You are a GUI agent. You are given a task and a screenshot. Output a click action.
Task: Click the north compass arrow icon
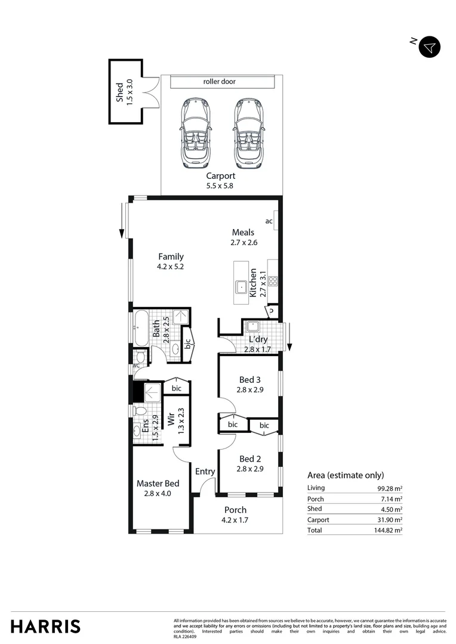(429, 47)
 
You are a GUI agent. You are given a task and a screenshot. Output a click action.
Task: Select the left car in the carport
(194, 132)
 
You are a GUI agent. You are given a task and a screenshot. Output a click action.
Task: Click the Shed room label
(119, 92)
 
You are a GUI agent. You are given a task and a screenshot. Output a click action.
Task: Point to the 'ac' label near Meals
(269, 221)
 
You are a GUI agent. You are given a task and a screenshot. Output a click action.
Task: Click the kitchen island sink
(242, 286)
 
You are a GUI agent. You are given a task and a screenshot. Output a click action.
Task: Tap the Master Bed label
(158, 484)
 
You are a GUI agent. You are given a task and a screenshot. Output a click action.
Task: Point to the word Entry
(205, 472)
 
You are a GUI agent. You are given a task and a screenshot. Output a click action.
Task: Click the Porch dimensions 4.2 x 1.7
(235, 520)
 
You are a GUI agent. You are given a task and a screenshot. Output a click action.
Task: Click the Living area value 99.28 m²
(388, 488)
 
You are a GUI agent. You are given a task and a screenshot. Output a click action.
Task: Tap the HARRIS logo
(45, 626)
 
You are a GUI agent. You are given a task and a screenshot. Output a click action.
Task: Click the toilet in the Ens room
(140, 410)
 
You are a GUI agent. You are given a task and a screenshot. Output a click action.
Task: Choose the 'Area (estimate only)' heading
(346, 475)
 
